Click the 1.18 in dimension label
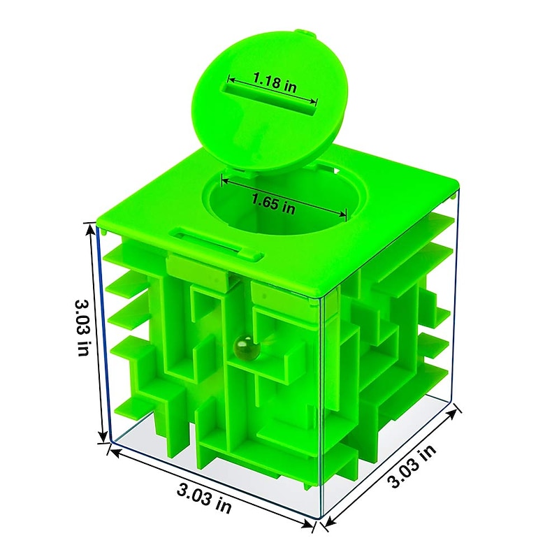click(275, 82)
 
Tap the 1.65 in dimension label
click(273, 204)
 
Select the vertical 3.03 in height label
click(83, 327)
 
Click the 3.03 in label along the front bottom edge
click(204, 498)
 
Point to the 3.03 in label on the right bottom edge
click(412, 465)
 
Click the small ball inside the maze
click(241, 345)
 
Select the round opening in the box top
click(284, 201)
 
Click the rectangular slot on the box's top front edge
click(217, 245)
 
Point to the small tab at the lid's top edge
click(307, 34)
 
